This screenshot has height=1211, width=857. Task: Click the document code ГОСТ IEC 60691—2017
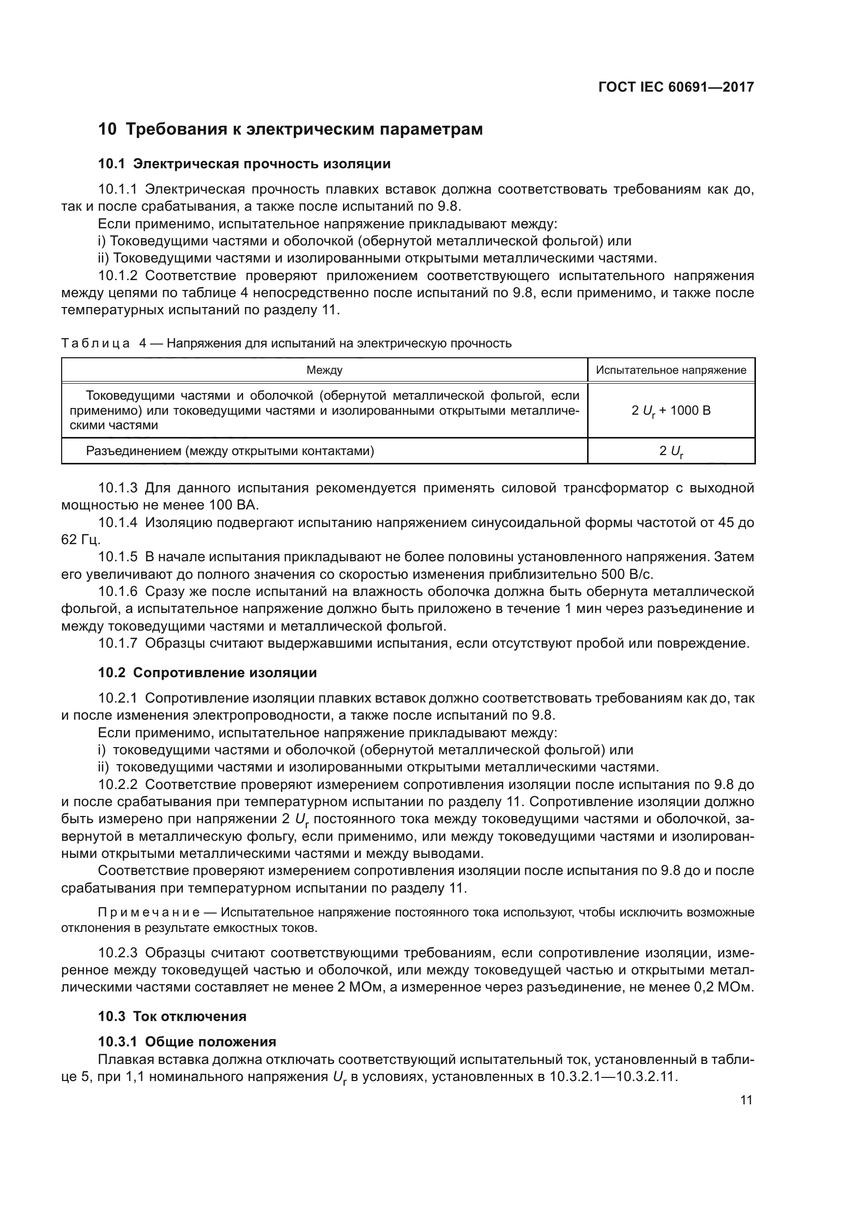[x=676, y=87]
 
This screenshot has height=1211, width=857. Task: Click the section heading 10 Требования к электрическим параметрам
[x=290, y=129]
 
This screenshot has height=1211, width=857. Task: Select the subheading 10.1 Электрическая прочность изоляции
[x=245, y=164]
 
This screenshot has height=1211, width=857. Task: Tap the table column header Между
[x=324, y=370]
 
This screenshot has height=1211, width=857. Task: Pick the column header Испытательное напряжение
[x=670, y=370]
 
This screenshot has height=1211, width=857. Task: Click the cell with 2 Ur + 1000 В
[x=670, y=411]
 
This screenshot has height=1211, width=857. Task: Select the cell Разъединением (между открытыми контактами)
[x=230, y=451]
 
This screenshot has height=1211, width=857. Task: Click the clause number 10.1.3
[x=118, y=488]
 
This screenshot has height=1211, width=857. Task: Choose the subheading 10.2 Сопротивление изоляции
[x=207, y=673]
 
